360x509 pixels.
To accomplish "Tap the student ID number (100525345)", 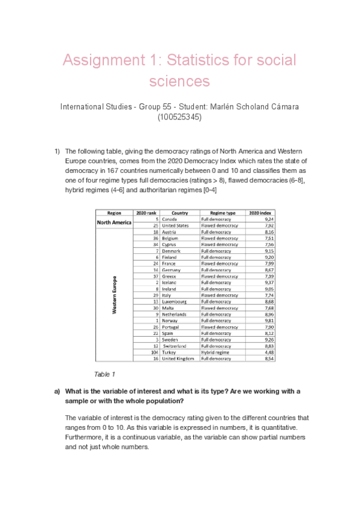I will point(179,118).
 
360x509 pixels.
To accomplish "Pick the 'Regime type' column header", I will point(223,213).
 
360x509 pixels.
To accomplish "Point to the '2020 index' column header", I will point(262,213).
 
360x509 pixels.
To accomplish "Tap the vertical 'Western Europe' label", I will point(113,295).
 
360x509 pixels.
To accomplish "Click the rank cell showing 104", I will point(154,352).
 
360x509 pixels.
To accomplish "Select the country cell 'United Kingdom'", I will point(179,358).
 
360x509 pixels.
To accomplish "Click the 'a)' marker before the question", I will point(58,391).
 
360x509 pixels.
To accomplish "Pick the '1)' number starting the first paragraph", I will point(57,151).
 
